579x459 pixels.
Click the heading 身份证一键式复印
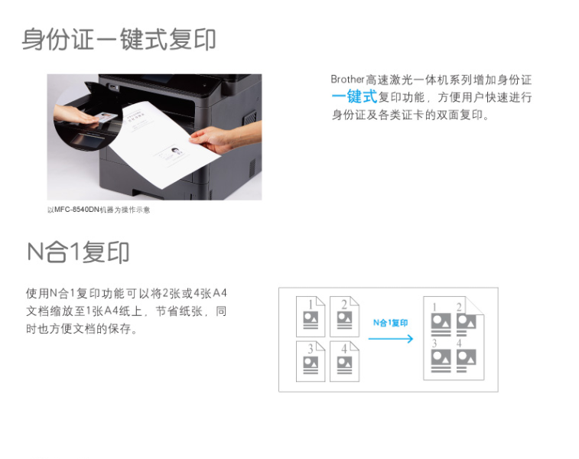(119, 39)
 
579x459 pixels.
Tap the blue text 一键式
(354, 96)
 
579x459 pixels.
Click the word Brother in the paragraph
(347, 80)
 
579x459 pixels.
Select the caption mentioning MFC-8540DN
(99, 210)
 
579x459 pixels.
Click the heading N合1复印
(78, 252)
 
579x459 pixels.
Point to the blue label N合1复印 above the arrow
(390, 323)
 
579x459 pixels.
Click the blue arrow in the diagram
(391, 339)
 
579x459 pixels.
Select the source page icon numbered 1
(311, 317)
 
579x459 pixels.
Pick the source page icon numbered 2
(344, 317)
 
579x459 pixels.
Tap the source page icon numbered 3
(311, 361)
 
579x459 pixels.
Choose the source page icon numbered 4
(344, 361)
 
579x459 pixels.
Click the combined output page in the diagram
(454, 338)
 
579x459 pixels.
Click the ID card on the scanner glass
(107, 118)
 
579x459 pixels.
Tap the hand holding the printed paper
(213, 139)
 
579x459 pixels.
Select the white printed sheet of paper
(162, 144)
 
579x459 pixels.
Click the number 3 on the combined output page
(434, 343)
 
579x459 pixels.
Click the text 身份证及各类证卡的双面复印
(407, 115)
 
